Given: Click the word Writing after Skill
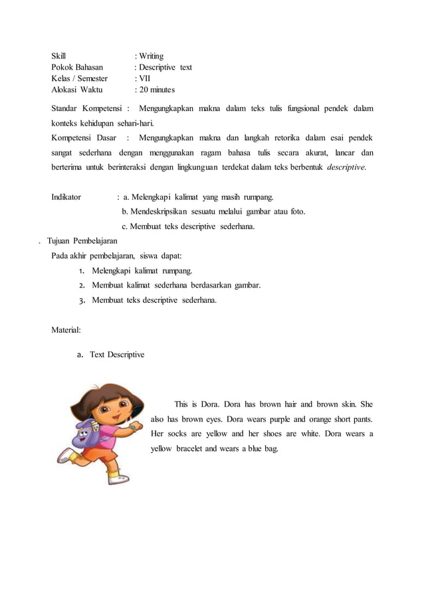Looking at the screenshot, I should point(152,56).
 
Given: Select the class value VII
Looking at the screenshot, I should point(145,78).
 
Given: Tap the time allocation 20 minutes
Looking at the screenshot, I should point(157,90).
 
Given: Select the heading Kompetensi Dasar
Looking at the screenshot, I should point(84,138).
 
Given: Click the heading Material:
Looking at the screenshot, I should point(66,329).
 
